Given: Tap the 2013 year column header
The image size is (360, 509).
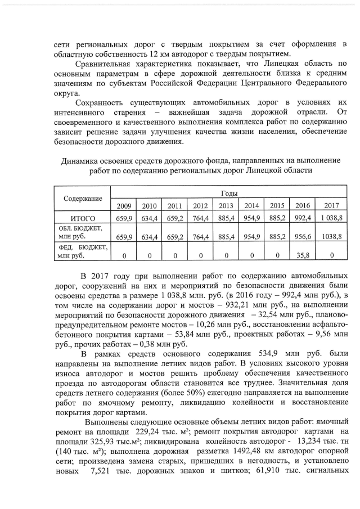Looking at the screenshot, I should pyautogui.click(x=226, y=205).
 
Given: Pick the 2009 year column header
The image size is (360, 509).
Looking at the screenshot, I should pyautogui.click(x=123, y=205).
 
